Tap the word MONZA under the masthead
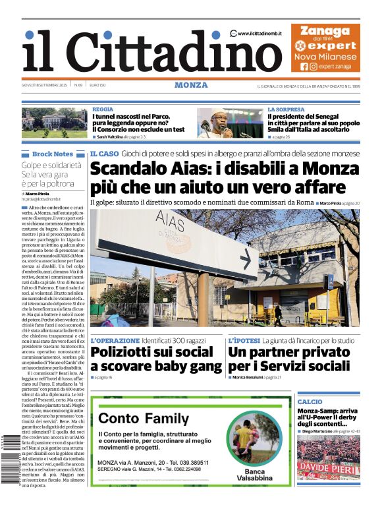coord(191,85)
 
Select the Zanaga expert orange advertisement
coord(325,47)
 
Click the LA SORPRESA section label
coord(286,109)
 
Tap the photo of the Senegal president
coord(230,123)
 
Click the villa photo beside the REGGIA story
coord(54,123)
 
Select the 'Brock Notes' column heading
coord(53,154)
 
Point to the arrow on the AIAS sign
coord(245,258)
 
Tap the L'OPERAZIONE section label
coord(115,340)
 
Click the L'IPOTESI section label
coord(243,340)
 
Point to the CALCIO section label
coord(310,401)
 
